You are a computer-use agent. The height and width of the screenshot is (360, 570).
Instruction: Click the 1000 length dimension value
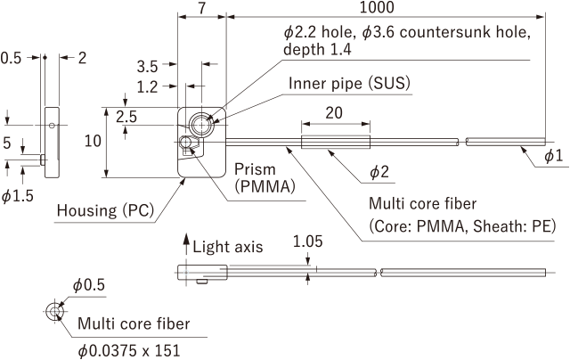point(377,7)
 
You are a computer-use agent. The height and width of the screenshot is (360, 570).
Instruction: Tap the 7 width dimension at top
point(202,8)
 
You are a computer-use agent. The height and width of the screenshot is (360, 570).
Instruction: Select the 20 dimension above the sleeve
point(334,113)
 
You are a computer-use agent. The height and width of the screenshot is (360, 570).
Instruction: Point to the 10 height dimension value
point(93,141)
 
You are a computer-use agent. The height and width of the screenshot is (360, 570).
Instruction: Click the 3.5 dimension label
point(147,67)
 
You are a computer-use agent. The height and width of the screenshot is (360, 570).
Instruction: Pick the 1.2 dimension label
point(147,87)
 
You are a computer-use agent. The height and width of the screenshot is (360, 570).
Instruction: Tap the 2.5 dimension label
point(126,117)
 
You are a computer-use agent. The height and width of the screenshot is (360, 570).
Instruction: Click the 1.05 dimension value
point(307,241)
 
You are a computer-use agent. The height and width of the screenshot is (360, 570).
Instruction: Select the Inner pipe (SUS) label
point(349,83)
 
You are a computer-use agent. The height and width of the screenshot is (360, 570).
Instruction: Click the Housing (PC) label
point(106,210)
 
